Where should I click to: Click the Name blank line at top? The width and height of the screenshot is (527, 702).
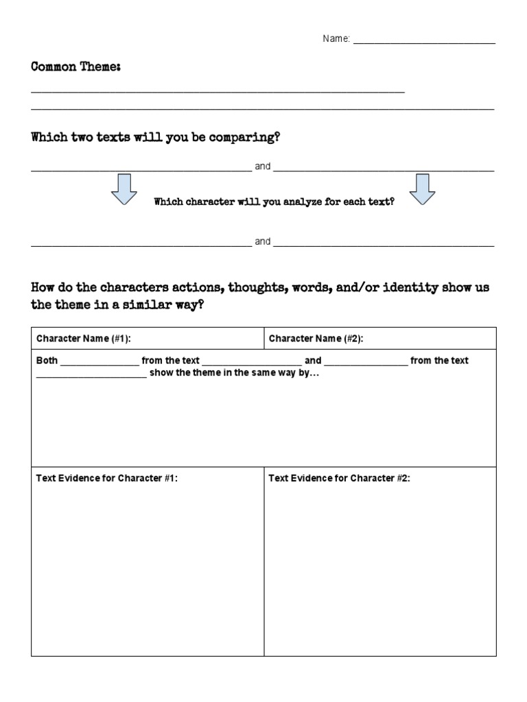click(x=423, y=43)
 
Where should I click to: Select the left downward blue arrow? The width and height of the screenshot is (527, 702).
click(x=124, y=189)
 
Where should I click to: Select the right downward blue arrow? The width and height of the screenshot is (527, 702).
click(x=423, y=189)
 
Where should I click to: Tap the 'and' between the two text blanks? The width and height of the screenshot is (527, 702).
click(x=263, y=167)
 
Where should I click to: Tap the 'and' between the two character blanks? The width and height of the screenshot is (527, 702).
click(x=263, y=241)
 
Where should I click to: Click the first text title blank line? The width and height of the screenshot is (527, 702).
click(x=141, y=169)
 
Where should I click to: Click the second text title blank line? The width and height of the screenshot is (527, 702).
click(x=384, y=169)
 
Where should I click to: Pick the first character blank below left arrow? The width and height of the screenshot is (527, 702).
click(x=141, y=244)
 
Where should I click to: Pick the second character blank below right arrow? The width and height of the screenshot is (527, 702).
click(x=384, y=244)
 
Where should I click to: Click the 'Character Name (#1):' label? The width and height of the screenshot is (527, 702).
click(x=84, y=339)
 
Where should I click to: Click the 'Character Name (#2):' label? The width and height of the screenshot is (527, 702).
click(x=316, y=339)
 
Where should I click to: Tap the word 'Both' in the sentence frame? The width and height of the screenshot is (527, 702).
click(x=47, y=361)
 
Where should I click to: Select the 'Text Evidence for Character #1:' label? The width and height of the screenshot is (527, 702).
click(x=107, y=479)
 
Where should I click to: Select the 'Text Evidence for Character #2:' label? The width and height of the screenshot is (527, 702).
click(x=340, y=479)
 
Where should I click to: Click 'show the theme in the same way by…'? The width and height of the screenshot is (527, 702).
click(x=234, y=374)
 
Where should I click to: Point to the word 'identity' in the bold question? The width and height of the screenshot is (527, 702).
click(x=410, y=288)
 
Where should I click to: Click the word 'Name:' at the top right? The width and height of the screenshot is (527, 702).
click(x=336, y=40)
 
